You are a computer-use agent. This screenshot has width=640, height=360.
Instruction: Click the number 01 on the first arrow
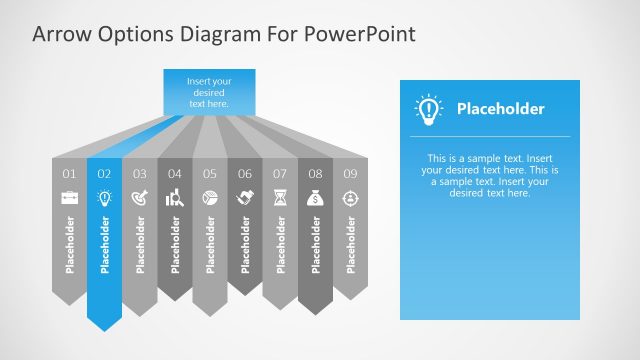coord(70,174)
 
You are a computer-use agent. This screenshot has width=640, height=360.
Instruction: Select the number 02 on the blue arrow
coord(104,174)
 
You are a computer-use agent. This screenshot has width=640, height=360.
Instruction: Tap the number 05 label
coord(210,174)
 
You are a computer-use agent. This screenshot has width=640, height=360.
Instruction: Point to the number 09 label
coord(351,174)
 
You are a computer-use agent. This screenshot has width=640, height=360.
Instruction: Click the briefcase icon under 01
coord(70,198)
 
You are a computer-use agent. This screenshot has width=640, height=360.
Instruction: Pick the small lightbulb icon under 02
coord(104,198)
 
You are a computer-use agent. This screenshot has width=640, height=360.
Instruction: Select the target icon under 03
coord(139,198)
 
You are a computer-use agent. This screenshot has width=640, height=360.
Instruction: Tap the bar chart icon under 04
coord(175,198)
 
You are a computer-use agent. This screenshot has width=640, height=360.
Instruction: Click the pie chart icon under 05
coord(210,198)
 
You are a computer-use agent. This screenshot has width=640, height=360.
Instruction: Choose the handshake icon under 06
coord(245,198)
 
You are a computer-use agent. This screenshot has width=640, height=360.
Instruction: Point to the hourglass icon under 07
coord(281,198)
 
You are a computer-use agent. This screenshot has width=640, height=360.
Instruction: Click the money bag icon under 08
coord(316,198)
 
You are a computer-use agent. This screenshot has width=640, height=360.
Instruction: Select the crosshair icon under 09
coord(351,198)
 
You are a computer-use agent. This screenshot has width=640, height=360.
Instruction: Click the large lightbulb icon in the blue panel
coord(429,109)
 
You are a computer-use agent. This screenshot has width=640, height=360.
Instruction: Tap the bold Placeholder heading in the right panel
coord(500,109)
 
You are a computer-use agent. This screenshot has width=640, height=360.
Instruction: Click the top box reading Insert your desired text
coord(208,91)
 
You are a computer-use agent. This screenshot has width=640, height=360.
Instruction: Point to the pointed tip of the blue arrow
coord(105,329)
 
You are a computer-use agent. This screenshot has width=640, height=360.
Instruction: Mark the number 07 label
coord(281,174)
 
